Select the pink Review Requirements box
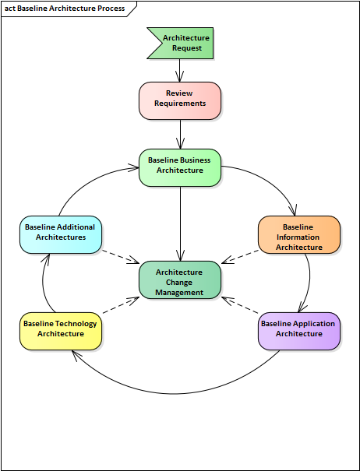tap(180, 100)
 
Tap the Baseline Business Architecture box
tap(180, 167)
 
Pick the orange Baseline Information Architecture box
tap(299, 234)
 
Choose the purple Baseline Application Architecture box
tap(299, 331)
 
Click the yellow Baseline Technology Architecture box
tap(61, 331)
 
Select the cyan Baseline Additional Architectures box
tap(61, 234)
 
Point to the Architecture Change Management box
tap(180, 279)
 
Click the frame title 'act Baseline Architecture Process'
tap(65, 9)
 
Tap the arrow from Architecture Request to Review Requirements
tap(179, 70)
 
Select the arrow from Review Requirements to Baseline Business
tap(181, 134)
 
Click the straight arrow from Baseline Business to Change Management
tap(181, 223)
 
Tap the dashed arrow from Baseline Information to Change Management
tap(240, 257)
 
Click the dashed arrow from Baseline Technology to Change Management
tap(121, 305)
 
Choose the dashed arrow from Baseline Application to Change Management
tap(240, 305)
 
